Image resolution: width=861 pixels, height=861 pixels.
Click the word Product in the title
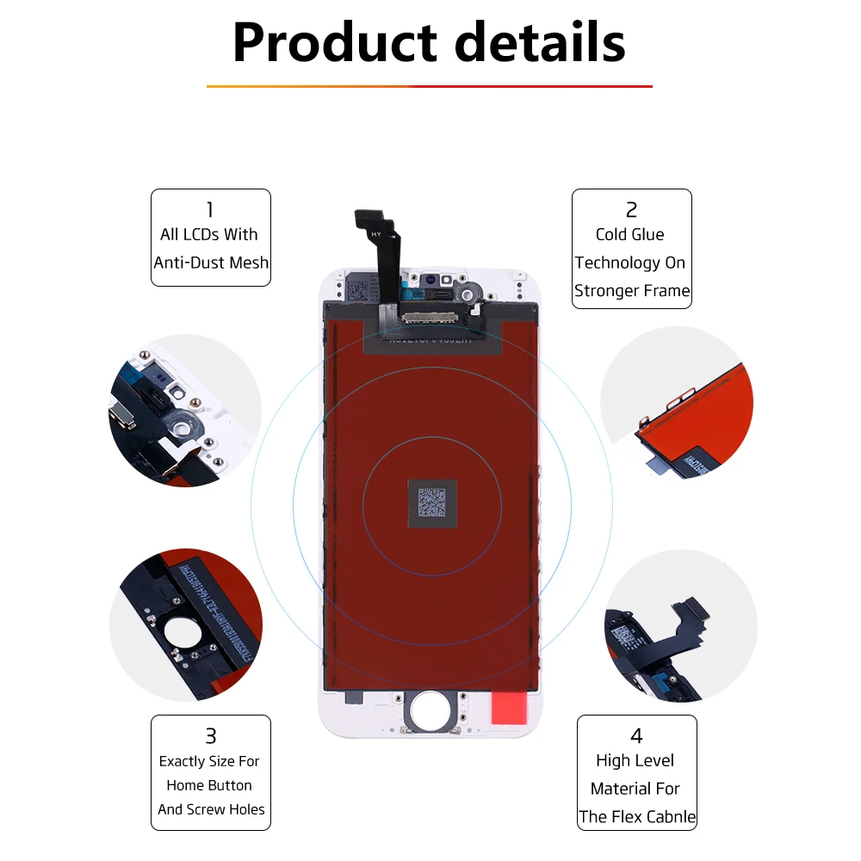[x=331, y=42]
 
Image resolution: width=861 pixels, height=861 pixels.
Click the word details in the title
[x=541, y=42]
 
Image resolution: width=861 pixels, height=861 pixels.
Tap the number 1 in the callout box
[x=210, y=209]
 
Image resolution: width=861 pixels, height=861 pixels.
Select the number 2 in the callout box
[x=631, y=209]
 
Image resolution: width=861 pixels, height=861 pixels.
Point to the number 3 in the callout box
[x=210, y=736]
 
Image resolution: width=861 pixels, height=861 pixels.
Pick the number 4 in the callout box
[x=636, y=736]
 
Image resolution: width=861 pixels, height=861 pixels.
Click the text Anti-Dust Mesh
[x=211, y=263]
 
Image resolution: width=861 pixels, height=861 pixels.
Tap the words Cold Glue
[x=630, y=234]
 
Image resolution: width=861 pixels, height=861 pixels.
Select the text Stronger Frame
[x=632, y=291]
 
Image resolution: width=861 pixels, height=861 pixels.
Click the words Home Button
[x=209, y=785]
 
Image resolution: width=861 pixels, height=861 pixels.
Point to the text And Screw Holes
[x=211, y=809]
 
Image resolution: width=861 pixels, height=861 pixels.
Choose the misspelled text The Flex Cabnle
[x=637, y=817]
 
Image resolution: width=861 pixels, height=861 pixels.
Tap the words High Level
[x=635, y=760]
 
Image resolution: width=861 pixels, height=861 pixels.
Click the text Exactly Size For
[x=209, y=761]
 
